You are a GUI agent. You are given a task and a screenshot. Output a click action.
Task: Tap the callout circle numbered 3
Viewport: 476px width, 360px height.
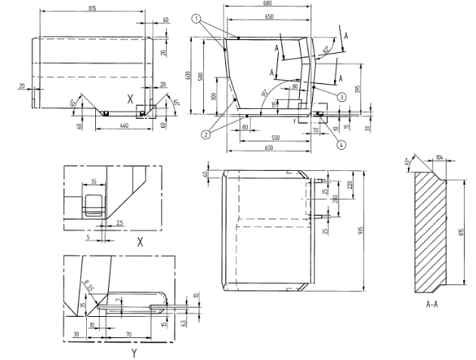click(x=342, y=96)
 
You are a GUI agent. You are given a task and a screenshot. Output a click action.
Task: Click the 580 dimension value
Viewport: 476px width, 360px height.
click(x=199, y=77)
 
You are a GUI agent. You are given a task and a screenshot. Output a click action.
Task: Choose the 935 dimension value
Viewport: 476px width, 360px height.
click(x=362, y=232)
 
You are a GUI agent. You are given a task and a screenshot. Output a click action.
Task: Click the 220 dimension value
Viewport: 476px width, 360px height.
click(x=350, y=185)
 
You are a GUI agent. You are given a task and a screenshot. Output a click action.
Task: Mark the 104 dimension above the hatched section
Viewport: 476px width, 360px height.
click(x=439, y=158)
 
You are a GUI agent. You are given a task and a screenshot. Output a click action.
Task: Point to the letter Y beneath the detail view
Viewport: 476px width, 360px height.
click(x=133, y=352)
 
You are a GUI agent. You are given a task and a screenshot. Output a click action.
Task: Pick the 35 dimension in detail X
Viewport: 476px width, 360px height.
click(x=93, y=182)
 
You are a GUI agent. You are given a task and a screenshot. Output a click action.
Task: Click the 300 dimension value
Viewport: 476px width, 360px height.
click(x=214, y=98)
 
